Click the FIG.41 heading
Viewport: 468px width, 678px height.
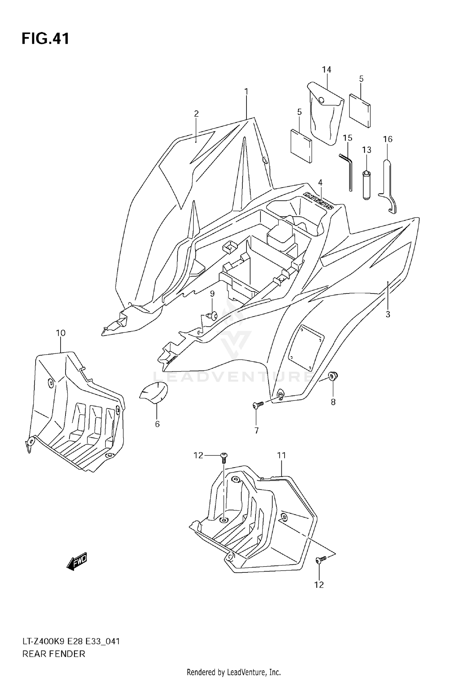point(45,39)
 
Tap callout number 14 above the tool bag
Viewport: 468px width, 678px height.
point(326,70)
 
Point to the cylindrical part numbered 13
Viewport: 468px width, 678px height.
point(366,185)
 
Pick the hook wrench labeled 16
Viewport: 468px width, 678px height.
point(388,187)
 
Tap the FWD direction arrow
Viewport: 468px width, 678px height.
point(76,563)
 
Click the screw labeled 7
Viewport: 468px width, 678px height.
point(258,405)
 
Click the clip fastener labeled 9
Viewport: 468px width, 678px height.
point(213,316)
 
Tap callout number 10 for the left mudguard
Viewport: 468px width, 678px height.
point(61,333)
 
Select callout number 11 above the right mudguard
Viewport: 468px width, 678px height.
point(281,455)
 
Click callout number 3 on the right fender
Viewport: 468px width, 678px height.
point(388,314)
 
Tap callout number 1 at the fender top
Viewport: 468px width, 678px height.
point(246,91)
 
